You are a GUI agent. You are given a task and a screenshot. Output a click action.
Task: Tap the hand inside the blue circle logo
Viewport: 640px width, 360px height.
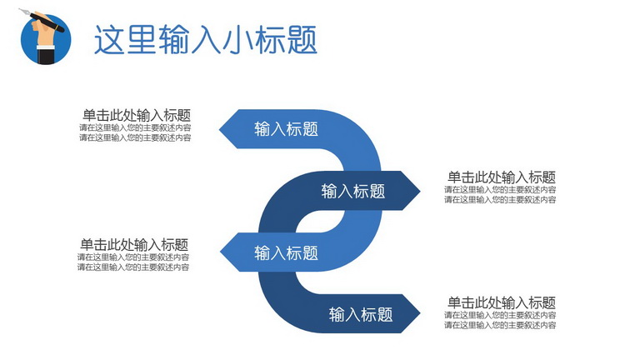coord(43,32)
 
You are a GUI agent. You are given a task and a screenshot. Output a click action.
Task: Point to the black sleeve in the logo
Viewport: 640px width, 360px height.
coord(46,57)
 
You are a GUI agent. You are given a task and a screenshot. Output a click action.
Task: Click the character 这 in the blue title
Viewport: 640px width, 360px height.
coord(109,40)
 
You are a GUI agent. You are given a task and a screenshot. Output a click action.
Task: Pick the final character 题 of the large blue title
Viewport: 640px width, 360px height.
coord(302,40)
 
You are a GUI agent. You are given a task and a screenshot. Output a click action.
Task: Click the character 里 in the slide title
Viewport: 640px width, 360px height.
coord(141,40)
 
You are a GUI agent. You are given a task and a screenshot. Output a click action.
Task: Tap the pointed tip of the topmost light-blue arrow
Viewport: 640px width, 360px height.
coord(220,129)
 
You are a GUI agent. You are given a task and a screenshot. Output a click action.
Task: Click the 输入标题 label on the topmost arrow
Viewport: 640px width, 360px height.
coord(286,129)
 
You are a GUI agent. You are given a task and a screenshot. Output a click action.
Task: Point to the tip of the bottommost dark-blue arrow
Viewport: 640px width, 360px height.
coord(420,313)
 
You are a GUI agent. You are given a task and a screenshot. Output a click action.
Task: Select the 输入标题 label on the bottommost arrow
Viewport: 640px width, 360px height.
coord(361,314)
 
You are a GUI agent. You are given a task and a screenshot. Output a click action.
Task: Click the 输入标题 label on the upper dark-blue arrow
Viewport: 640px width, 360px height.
coord(353,191)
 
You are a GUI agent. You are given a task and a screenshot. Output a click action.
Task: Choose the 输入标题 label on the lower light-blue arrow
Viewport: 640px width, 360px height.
coord(286,253)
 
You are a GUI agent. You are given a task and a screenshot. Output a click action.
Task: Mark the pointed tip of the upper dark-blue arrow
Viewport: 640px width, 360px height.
coord(420,191)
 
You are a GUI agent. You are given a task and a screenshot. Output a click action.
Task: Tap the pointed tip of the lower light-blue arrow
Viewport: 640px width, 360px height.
coord(220,252)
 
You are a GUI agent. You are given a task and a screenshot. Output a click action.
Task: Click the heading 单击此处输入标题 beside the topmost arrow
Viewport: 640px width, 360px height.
coord(137,116)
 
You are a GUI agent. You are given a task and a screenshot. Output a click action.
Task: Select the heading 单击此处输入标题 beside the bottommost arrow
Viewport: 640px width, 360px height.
coord(502,302)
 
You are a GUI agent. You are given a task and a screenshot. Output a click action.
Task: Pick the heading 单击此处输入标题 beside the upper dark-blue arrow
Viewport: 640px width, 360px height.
coord(502,177)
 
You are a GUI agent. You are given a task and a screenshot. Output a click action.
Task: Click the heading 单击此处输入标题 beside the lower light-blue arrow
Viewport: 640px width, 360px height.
coord(134,245)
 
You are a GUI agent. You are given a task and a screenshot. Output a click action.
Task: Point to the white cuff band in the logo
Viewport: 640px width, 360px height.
coord(46,47)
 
